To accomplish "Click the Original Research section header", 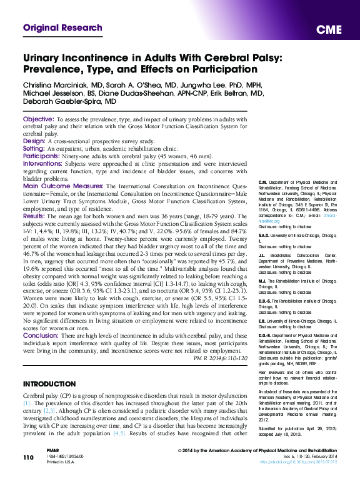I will click(62, 28).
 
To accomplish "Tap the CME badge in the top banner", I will click(329, 30).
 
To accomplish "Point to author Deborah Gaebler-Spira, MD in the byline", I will click(69, 101).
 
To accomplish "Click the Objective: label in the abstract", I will click(38, 119).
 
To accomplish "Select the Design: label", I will click(34, 141).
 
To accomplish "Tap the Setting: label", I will click(35, 148).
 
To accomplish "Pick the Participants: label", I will click(42, 156).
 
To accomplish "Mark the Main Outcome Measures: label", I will click(64, 186).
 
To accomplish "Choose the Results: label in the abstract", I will click(34, 216).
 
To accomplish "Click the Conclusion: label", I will click(41, 336).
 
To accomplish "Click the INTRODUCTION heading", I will click(53, 383).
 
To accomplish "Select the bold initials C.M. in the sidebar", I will click(263, 181).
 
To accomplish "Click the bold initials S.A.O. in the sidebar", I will click(265, 236).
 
